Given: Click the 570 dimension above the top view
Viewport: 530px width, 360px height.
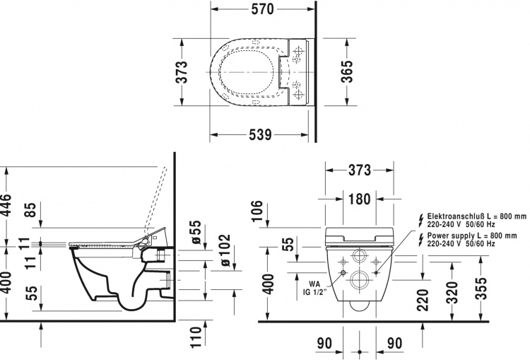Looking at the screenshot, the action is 262,9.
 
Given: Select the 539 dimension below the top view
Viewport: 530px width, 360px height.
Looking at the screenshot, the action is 260,134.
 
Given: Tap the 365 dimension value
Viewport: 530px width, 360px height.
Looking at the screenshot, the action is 346,71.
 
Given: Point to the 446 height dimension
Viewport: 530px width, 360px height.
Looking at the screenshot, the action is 6,204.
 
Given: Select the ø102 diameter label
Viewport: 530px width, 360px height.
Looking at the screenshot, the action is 225,250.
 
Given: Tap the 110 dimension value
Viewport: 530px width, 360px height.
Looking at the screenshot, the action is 196,337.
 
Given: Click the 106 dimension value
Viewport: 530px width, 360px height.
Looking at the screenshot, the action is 257,211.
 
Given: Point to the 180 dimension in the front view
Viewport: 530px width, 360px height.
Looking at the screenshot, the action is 359,199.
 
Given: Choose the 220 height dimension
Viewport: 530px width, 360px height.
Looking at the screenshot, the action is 423,300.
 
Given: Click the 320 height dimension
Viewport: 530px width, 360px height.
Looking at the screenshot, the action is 452,292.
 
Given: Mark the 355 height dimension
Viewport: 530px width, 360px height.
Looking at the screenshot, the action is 481,289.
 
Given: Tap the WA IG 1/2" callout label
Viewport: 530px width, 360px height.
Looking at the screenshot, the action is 314,288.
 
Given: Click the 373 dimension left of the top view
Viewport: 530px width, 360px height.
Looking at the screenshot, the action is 182,71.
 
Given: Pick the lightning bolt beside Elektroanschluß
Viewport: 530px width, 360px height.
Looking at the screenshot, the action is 421,220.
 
